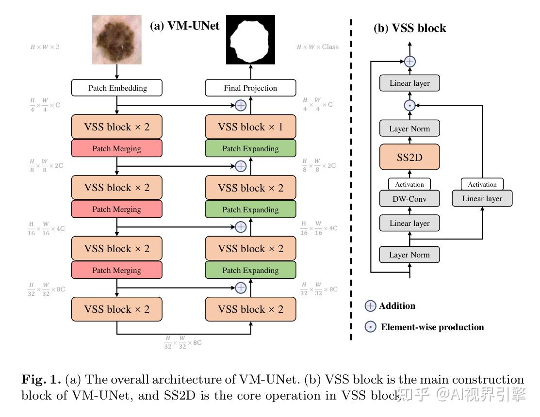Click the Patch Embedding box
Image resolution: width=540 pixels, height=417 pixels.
[117, 88]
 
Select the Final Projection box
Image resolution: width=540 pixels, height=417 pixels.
[250, 88]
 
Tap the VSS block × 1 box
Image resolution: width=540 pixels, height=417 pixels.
[250, 127]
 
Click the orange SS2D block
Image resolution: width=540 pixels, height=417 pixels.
[409, 157]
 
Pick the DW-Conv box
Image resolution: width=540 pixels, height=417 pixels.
[409, 198]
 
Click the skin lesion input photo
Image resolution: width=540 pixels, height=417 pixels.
[117, 40]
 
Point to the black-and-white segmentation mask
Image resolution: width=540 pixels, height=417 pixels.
[250, 40]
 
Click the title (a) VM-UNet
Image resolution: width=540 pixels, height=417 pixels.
[184, 26]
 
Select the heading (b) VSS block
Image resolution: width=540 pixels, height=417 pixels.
[409, 28]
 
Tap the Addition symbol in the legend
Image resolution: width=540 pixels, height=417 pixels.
[370, 306]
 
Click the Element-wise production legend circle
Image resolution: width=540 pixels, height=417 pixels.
[370, 327]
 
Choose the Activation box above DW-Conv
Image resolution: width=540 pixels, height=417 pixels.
[409, 184]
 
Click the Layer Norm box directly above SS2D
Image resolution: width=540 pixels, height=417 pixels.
[409, 129]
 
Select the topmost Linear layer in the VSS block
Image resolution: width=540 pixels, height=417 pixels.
[409, 83]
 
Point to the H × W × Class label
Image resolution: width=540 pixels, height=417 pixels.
[317, 47]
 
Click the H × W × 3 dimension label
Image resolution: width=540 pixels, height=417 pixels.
[45, 47]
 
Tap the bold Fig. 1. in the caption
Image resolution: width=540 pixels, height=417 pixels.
[41, 380]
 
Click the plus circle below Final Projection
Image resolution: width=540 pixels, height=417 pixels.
[241, 105]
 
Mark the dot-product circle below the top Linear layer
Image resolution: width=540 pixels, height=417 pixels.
[410, 105]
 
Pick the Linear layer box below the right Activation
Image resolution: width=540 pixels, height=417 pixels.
[482, 198]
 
